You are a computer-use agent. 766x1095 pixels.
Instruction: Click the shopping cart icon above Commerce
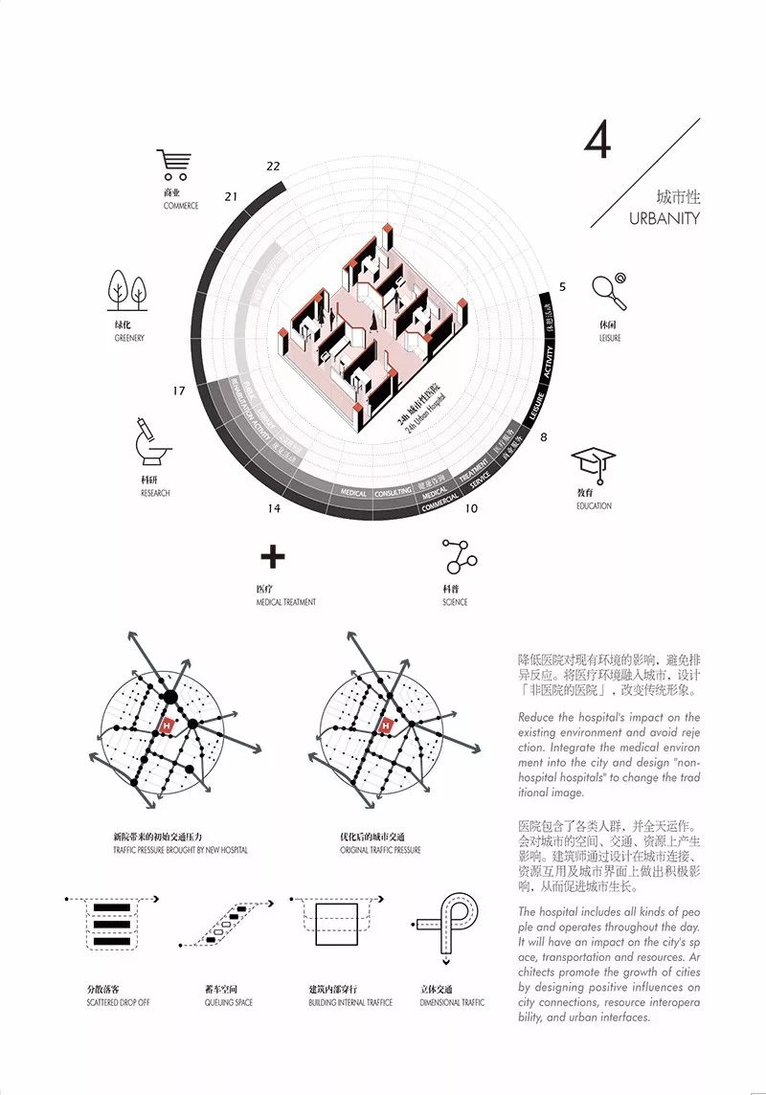[x=174, y=165]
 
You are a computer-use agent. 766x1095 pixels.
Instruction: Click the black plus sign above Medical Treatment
[x=273, y=557]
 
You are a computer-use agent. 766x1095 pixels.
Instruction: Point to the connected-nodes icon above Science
[x=459, y=556]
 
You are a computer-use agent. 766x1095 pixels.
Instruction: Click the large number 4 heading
[x=597, y=142]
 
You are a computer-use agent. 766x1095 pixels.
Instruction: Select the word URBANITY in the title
[x=665, y=218]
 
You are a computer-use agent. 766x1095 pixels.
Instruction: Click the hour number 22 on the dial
[x=274, y=166]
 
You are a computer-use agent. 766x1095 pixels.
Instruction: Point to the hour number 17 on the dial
[x=179, y=391]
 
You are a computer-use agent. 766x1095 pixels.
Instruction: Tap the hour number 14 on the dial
[x=275, y=508]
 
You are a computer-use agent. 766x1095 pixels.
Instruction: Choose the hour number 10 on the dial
[x=471, y=508]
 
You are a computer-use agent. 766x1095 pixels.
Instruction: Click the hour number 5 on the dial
[x=562, y=286]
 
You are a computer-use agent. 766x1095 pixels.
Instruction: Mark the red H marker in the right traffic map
[x=387, y=726]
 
